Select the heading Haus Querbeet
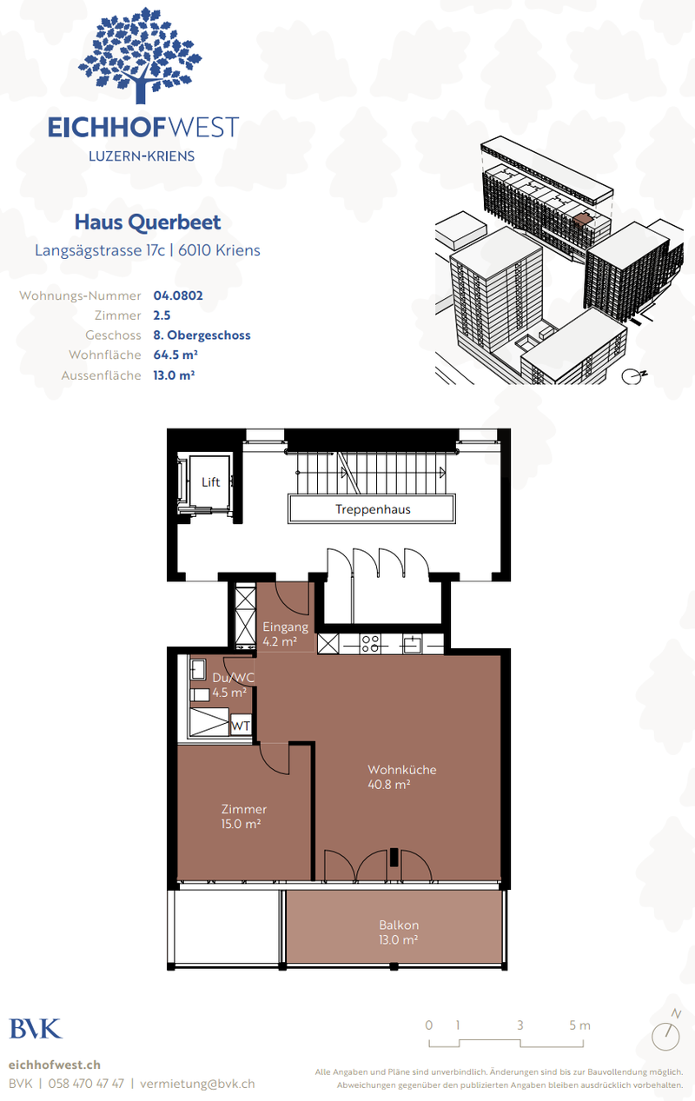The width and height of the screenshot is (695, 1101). point(147,222)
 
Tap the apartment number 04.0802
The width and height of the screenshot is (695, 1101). point(178,295)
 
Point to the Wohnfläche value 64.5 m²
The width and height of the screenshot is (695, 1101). point(175,355)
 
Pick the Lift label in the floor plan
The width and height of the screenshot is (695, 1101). point(210,482)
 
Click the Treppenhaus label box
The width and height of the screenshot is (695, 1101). point(373,509)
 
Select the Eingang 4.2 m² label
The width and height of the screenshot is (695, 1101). point(285,634)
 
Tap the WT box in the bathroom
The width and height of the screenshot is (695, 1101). point(241,726)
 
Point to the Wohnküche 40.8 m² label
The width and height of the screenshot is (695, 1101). point(400,776)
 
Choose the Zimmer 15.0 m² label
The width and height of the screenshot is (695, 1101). point(243,816)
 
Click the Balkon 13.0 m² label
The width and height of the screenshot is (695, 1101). point(399,932)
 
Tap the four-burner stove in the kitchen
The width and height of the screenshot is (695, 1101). point(370,644)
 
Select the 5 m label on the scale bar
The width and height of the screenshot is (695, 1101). point(579,1025)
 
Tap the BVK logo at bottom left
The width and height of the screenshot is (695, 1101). point(36,1029)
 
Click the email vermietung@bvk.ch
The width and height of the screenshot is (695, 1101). point(197,1084)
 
